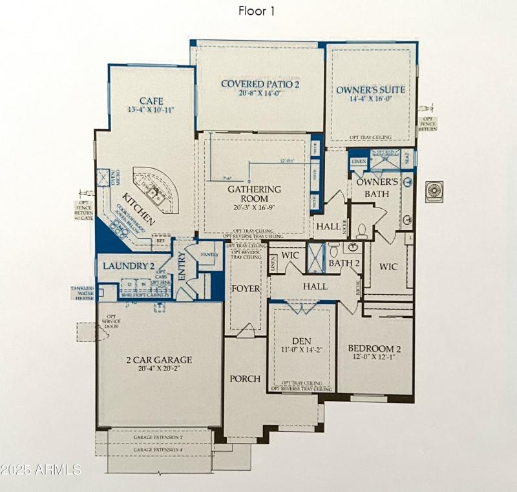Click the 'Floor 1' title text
[x=257, y=11]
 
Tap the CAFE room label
[x=151, y=101]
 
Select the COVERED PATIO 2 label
[x=260, y=83]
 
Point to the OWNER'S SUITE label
[x=371, y=89]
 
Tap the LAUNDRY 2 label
[x=127, y=265]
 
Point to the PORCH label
[x=245, y=378]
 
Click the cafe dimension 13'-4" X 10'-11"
[x=151, y=111]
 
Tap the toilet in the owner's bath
[x=363, y=230]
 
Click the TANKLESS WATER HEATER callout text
[x=83, y=293]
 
